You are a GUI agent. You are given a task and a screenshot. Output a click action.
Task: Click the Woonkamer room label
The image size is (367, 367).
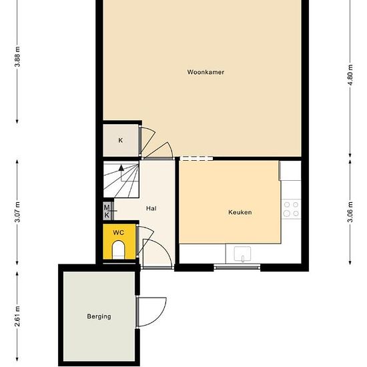click(x=206, y=72)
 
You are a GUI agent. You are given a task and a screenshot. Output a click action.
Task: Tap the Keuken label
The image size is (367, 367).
click(x=240, y=212)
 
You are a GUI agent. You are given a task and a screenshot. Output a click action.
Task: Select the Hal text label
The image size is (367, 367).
click(x=151, y=208)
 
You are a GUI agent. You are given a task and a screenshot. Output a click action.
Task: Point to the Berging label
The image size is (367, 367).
click(x=99, y=317)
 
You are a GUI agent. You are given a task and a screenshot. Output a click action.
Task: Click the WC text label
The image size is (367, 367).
click(x=118, y=233)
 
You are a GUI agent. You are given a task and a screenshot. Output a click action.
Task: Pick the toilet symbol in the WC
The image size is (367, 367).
click(x=118, y=250)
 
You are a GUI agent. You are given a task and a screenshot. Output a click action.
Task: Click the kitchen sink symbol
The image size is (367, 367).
click(x=242, y=254)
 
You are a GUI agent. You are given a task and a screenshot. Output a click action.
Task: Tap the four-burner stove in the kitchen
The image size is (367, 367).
click(x=291, y=209)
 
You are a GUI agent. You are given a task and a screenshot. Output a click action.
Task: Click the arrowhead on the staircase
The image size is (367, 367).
click(x=121, y=167)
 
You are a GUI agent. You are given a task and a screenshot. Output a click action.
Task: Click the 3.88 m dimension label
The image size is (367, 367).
click(x=17, y=57)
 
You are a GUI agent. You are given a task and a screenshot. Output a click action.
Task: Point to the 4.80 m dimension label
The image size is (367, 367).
click(x=350, y=75)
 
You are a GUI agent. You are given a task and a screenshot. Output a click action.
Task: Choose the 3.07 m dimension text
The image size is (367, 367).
click(x=17, y=212)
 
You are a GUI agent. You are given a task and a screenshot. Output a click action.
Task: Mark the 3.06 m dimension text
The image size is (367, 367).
click(x=350, y=212)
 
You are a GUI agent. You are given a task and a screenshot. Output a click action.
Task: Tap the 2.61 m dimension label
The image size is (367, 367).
click(x=17, y=316)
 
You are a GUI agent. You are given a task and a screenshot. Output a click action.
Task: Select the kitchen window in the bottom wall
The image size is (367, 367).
click(x=237, y=267)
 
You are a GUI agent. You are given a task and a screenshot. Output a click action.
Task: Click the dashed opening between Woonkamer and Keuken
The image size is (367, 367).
click(x=197, y=158)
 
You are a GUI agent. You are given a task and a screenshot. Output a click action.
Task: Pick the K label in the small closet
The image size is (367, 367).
click(x=120, y=140)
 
